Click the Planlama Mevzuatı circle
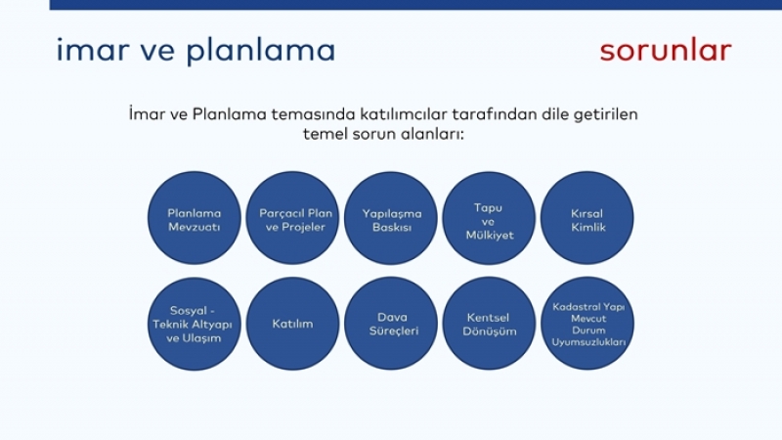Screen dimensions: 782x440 coord(194,218)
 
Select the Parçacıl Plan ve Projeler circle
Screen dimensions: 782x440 coord(292,218)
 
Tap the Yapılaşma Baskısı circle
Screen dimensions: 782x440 coord(390,218)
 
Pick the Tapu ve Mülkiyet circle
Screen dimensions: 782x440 coord(489,218)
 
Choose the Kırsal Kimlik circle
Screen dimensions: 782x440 coord(587,218)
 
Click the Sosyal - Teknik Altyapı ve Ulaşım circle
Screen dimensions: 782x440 coord(194,324)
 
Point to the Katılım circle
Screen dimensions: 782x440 coord(292,324)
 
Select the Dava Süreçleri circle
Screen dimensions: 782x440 coord(390,324)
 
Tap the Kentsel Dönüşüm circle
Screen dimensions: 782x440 coord(489,324)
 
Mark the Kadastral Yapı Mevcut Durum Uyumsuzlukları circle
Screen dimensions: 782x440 coord(587,324)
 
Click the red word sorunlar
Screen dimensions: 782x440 coord(666,51)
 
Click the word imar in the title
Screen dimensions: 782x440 coord(93,50)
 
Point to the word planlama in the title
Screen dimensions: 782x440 coord(261,51)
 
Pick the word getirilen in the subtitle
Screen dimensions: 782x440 coord(606,114)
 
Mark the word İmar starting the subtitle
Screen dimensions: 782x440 coord(147,113)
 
